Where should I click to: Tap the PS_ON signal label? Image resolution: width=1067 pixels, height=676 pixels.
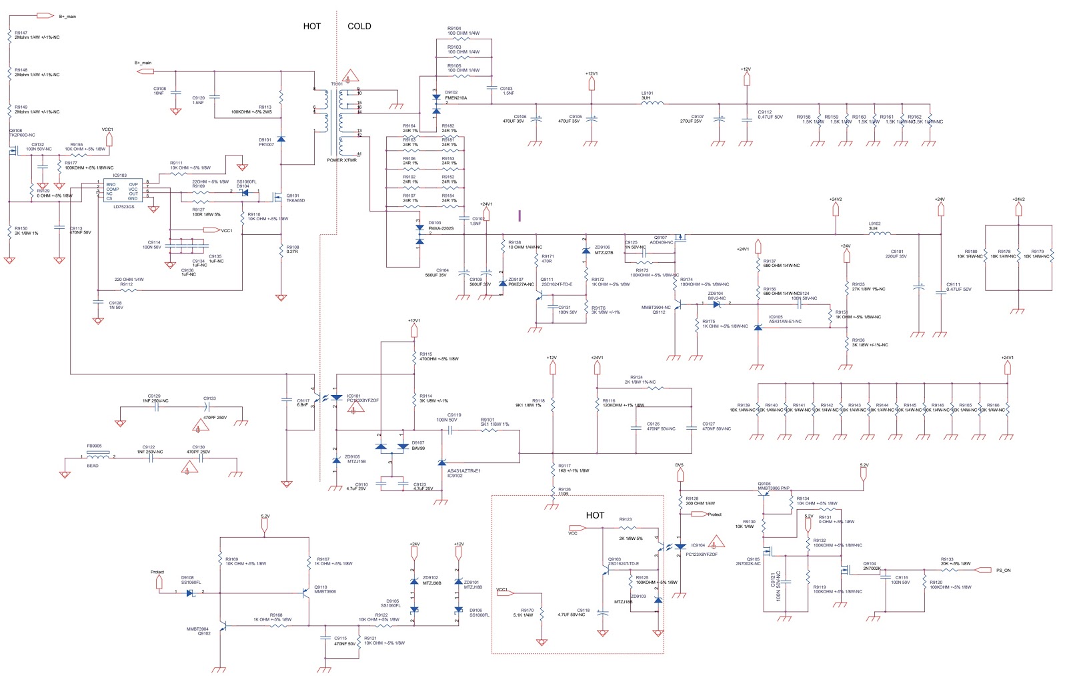(1003, 570)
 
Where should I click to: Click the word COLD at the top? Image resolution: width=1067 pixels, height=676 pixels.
(359, 26)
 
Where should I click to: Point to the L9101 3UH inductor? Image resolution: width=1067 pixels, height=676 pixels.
(652, 103)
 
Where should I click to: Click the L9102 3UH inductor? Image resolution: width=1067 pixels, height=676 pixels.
(880, 234)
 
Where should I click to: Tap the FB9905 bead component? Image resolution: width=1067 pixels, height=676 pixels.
(97, 457)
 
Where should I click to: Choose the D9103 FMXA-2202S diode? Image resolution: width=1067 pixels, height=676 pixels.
(419, 234)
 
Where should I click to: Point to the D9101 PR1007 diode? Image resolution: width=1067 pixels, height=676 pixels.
(281, 139)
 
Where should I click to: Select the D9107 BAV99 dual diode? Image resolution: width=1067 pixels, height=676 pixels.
(392, 446)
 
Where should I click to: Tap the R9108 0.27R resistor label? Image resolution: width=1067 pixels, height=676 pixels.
(292, 250)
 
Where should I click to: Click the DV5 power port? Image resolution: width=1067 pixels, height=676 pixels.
(680, 474)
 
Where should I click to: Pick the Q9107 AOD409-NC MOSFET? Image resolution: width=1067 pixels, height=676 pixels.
(680, 238)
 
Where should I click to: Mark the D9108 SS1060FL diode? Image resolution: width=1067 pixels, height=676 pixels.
(191, 592)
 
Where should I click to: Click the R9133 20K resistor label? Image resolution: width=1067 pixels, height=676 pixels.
(955, 562)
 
